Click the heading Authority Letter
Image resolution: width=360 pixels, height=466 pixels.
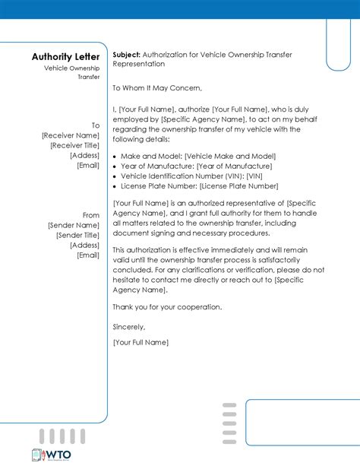point(65,57)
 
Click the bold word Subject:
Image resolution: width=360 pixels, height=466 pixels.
point(125,55)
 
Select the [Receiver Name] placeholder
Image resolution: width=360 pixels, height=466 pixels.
point(71,135)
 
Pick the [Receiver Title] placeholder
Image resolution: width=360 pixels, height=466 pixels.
point(74,145)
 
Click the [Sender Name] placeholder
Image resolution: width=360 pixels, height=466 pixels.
point(74,226)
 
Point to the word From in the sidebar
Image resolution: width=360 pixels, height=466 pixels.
point(91,215)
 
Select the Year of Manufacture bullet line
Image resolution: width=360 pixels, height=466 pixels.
point(196,166)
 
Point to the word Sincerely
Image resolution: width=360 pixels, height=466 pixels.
point(128,327)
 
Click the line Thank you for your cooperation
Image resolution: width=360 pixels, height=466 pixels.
point(167,307)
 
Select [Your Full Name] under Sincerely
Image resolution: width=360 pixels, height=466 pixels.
point(141,343)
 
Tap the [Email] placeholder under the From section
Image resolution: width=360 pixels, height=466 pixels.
point(88,255)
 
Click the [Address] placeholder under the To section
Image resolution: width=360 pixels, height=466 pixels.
point(84,155)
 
